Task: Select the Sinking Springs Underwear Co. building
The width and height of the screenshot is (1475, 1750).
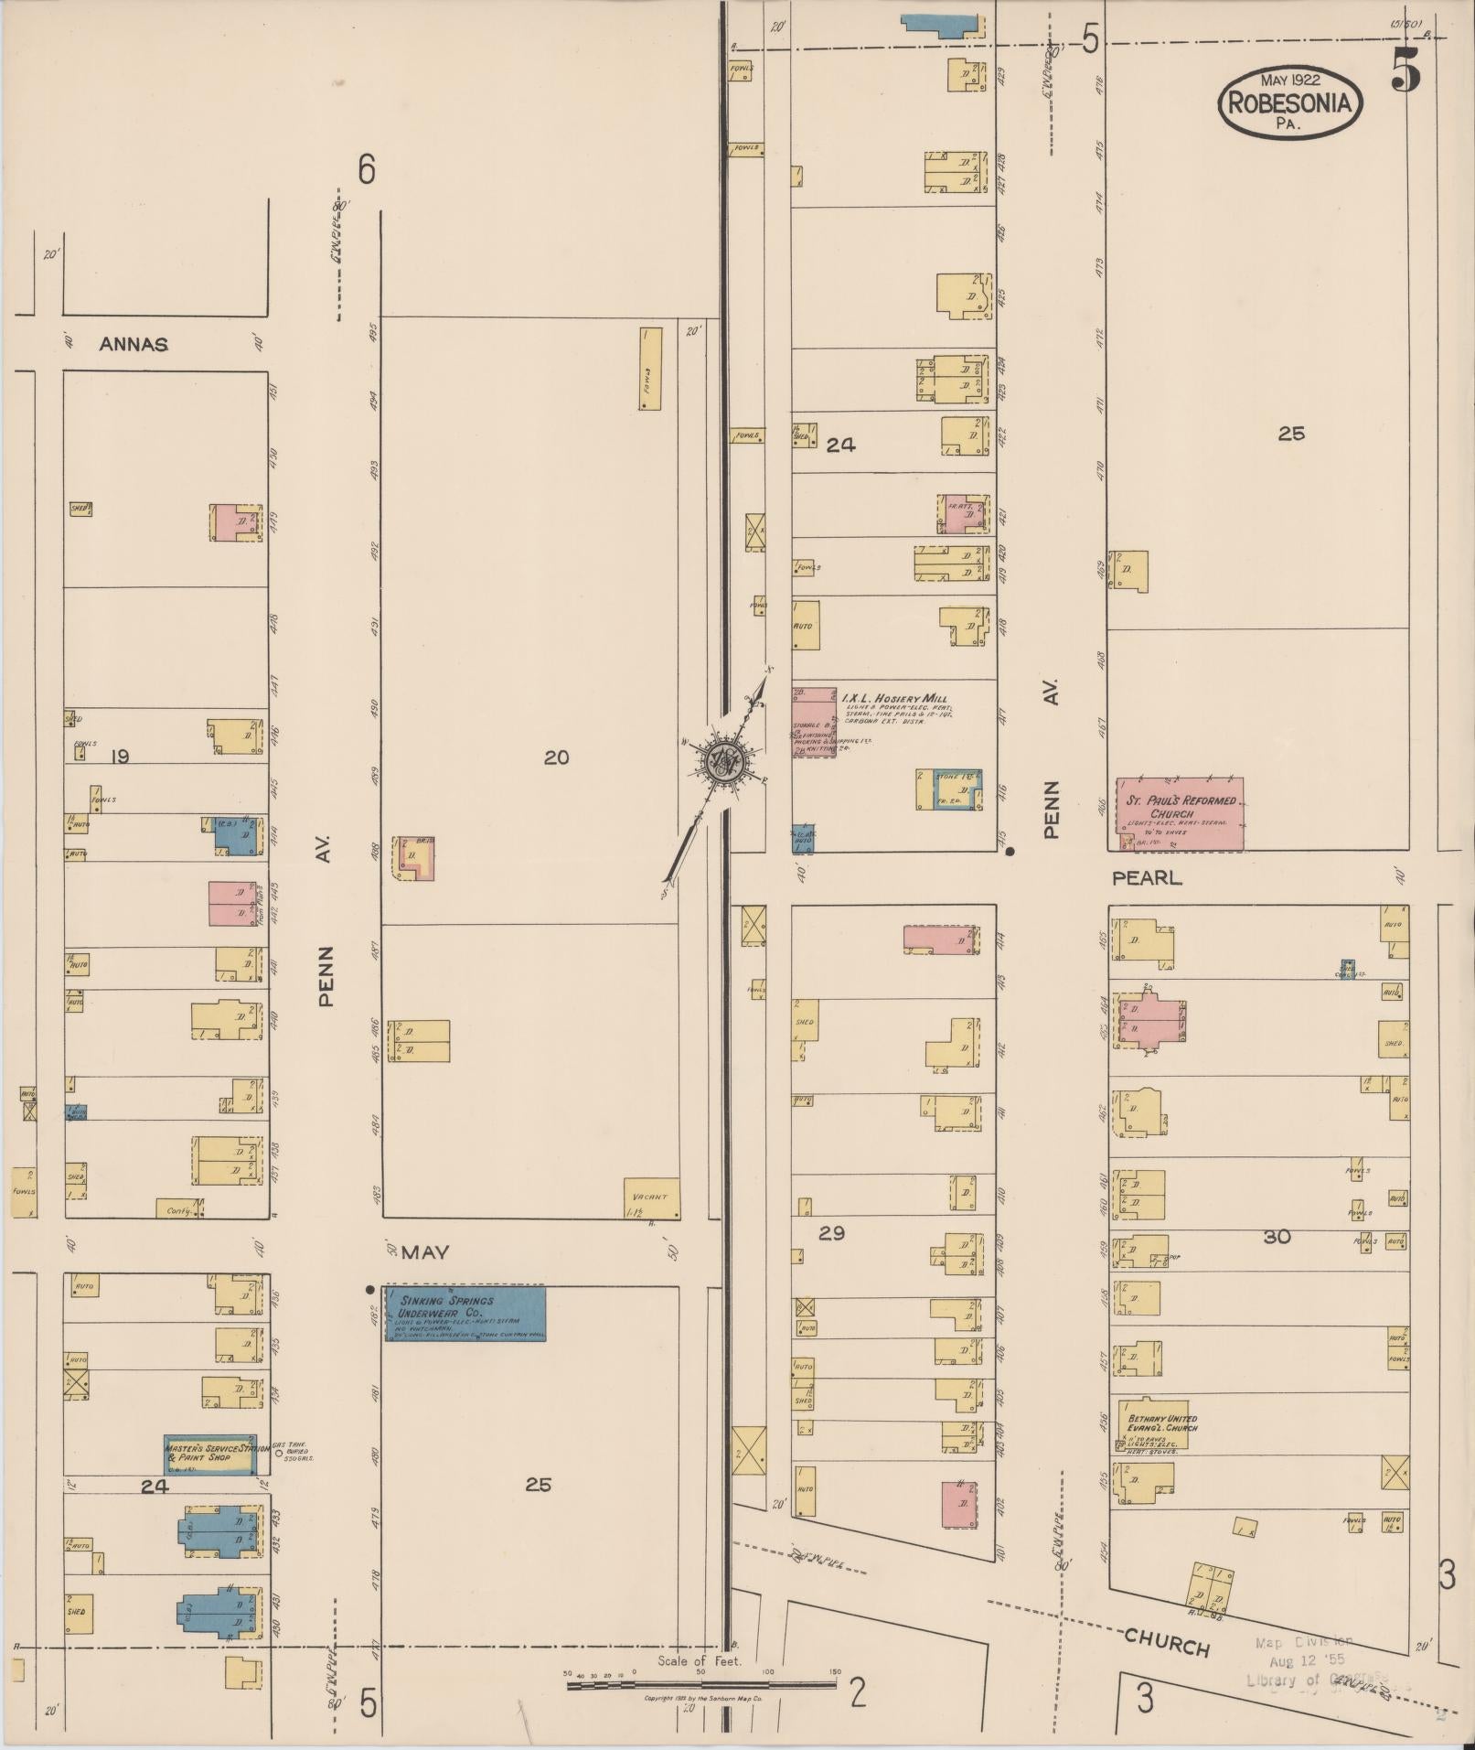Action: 465,1315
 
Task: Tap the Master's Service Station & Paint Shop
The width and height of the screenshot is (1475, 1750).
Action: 209,1454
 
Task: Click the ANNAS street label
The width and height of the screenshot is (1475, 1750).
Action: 134,345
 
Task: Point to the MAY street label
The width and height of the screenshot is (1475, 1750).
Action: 425,1252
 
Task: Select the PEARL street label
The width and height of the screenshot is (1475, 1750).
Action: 1147,878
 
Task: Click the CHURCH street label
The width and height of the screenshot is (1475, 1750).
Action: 1167,1643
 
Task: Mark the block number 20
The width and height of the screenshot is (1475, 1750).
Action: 556,757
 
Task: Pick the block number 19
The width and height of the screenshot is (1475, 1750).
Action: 119,757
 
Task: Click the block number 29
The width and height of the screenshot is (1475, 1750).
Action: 831,1233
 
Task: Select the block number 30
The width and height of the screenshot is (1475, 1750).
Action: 1277,1237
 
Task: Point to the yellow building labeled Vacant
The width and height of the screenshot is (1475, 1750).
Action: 651,1198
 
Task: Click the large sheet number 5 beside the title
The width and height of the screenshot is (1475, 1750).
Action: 1406,70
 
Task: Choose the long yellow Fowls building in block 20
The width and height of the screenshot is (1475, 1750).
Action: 650,369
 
